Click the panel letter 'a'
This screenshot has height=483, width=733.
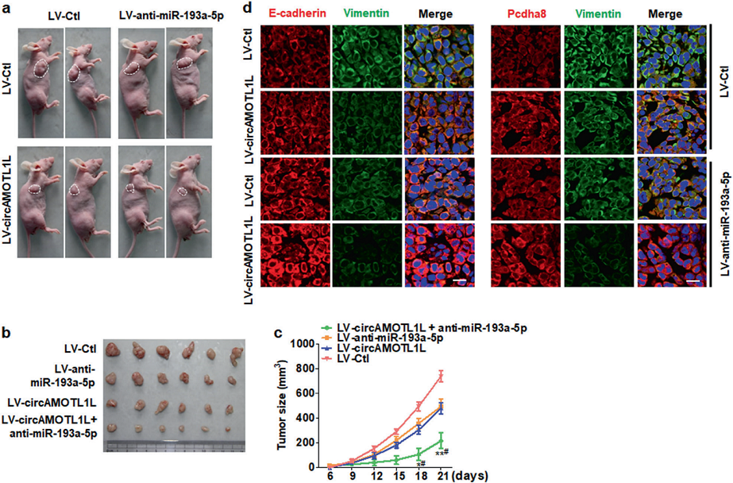coord(6,9)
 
